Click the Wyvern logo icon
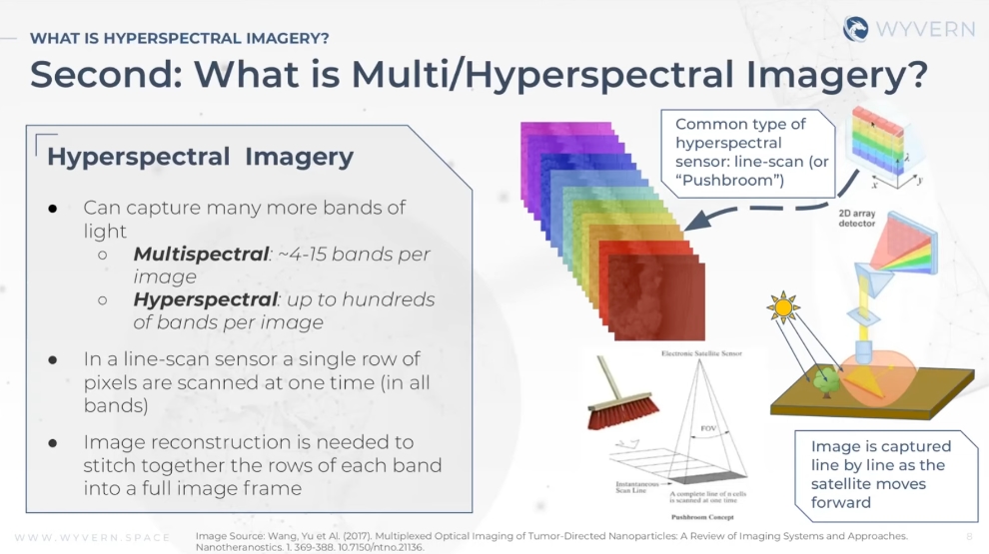coord(855,29)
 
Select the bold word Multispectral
coord(201,255)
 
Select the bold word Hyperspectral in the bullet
coord(205,299)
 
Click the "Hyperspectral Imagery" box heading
coord(200,157)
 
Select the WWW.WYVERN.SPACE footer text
coord(92,537)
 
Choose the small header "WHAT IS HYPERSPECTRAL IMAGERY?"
coord(180,38)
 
